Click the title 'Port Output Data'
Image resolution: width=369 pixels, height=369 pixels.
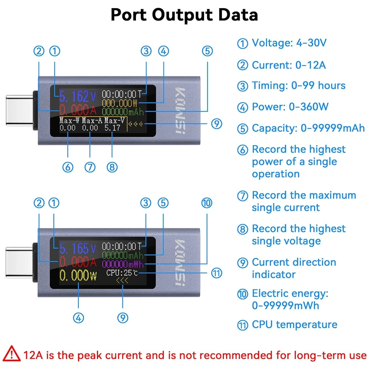point(184,14)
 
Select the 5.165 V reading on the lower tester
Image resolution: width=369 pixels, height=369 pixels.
point(75,248)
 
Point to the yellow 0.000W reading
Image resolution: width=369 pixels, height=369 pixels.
point(78,276)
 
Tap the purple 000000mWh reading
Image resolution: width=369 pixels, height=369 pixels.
point(123,264)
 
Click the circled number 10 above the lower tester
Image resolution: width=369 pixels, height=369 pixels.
point(207,203)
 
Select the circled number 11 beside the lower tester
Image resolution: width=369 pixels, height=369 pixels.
point(217,273)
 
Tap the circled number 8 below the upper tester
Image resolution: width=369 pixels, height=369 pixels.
point(112,167)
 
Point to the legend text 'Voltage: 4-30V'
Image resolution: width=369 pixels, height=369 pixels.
point(289,43)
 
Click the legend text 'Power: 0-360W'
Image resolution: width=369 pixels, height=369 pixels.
point(290,107)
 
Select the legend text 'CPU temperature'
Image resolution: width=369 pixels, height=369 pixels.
point(295,325)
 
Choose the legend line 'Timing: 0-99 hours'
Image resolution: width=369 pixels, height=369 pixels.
point(298,86)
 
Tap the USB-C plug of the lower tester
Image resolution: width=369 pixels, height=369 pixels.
point(19,260)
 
